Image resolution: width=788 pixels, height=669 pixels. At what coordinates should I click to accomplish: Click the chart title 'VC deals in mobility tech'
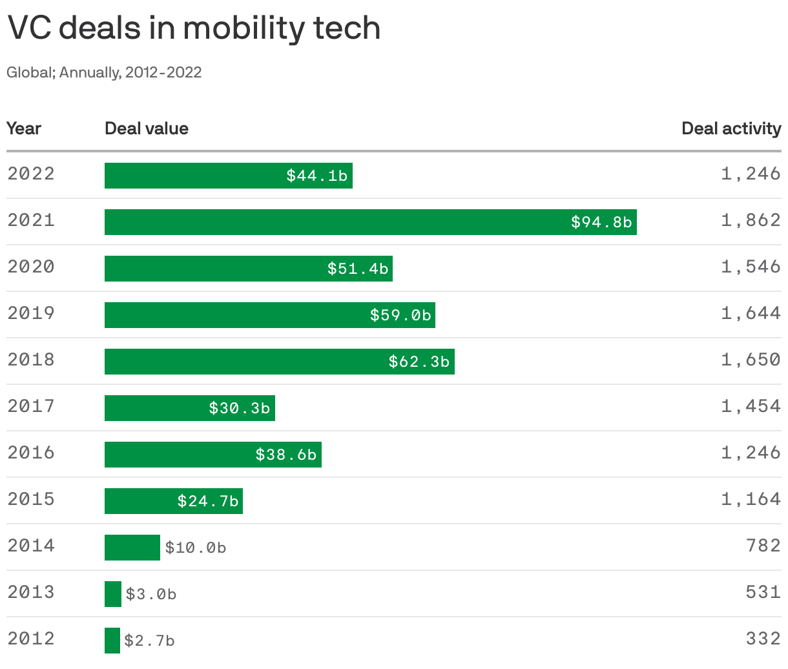[x=194, y=28]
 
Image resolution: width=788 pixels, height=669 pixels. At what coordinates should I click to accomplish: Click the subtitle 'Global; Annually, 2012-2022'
[x=104, y=72]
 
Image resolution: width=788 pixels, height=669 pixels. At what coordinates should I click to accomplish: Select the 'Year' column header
[x=24, y=129]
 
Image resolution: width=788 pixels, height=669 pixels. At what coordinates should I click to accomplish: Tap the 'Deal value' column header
[x=147, y=129]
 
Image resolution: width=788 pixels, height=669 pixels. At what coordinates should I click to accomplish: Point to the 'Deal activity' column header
[x=731, y=129]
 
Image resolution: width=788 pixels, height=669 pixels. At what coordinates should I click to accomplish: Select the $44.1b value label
[x=317, y=176]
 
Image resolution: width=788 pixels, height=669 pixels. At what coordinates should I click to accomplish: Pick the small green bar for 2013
[x=113, y=594]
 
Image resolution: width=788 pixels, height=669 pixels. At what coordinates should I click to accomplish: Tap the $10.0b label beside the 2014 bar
[x=196, y=548]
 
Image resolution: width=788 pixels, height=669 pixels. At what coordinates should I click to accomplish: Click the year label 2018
[x=31, y=360]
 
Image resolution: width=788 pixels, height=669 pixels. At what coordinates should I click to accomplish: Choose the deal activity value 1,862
[x=751, y=220]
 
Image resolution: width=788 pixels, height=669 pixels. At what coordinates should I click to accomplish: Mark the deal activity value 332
[x=763, y=639]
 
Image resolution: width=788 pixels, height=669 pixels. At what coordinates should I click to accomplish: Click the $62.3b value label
[x=419, y=362]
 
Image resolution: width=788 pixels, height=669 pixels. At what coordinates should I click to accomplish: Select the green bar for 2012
[x=112, y=641]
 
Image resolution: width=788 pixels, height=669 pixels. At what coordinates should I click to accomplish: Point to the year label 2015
[x=31, y=499]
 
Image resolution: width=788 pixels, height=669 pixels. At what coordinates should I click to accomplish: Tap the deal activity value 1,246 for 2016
[x=751, y=453]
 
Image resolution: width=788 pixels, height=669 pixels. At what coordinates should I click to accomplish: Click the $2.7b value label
[x=149, y=641]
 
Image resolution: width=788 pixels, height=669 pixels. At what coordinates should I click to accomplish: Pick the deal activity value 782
[x=763, y=546]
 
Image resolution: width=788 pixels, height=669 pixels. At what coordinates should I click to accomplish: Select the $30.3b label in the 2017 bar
[x=239, y=408]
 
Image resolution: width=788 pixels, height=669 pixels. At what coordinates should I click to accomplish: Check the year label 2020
[x=31, y=267]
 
